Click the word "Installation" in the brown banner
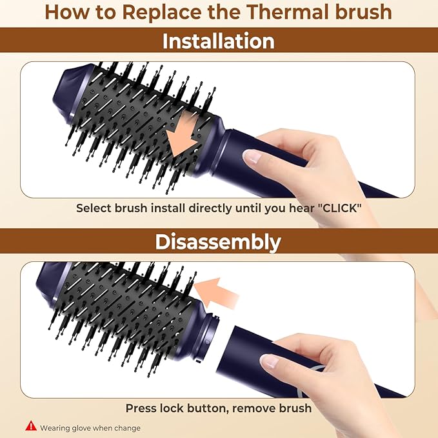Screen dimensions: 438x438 click(x=219, y=41)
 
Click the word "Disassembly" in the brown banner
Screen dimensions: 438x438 click(x=219, y=242)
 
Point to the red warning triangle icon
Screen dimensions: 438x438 click(x=30, y=426)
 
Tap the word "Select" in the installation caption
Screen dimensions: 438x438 click(x=94, y=208)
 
